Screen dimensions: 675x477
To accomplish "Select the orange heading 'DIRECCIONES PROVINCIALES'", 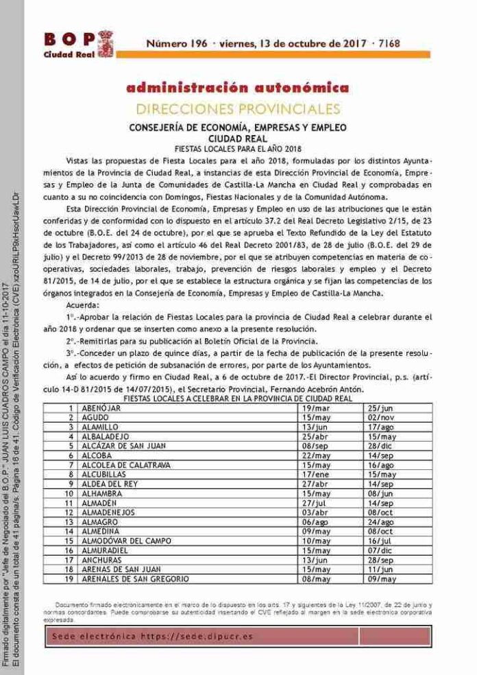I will click(238, 108).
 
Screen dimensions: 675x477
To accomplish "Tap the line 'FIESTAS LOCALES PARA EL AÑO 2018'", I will click(238, 147).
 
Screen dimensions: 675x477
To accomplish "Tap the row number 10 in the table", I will click(69, 493).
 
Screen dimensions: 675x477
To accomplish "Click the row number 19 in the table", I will click(69, 580).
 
